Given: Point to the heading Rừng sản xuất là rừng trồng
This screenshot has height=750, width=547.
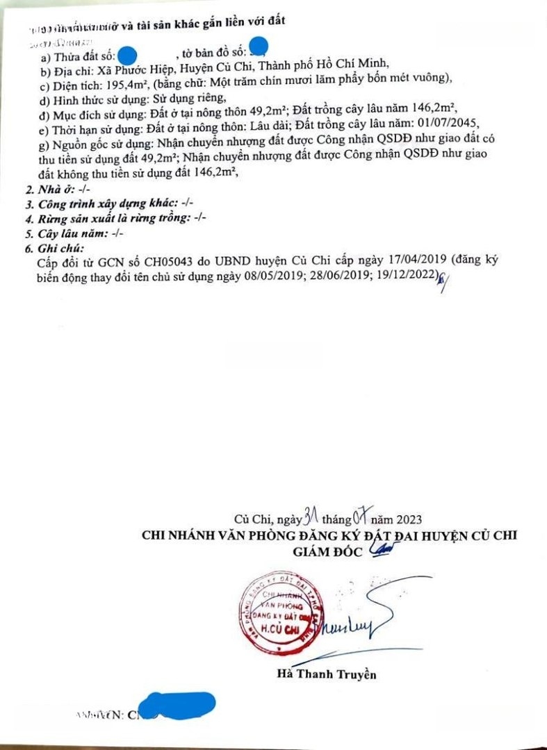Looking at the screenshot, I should pyautogui.click(x=112, y=218).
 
